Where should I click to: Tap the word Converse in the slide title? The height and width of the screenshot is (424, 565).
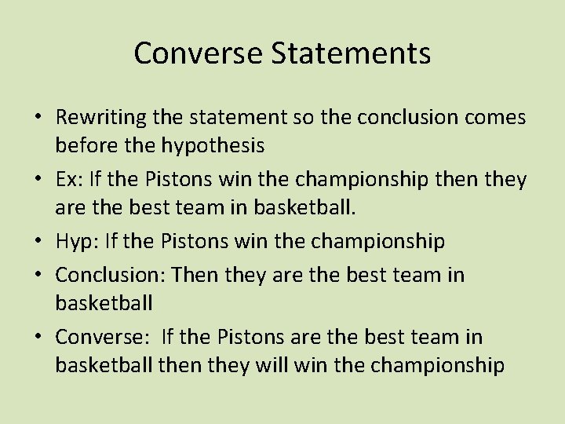[199, 53]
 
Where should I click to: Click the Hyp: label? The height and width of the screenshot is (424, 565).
[74, 242]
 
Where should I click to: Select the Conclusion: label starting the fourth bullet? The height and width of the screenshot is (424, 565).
[110, 275]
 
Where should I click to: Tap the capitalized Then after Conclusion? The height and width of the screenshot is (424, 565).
[197, 275]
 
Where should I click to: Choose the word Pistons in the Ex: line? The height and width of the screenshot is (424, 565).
[176, 180]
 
